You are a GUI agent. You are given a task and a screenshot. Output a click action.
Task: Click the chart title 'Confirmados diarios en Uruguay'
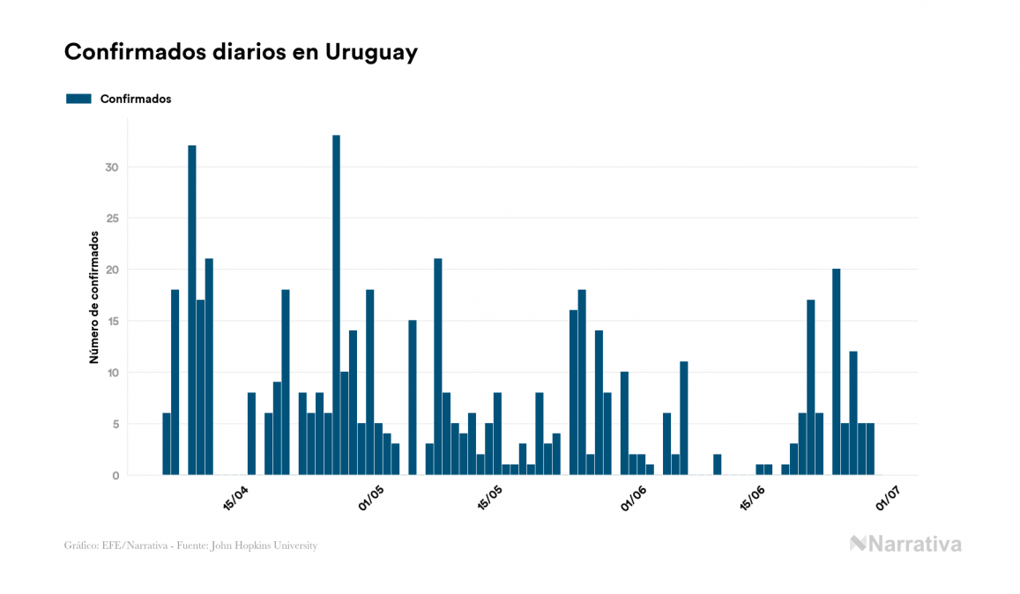[x=241, y=52]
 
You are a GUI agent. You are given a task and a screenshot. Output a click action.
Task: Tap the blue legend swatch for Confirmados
[x=78, y=99]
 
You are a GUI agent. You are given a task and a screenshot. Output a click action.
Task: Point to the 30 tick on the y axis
[x=113, y=167]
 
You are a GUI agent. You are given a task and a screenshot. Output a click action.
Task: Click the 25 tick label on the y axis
[x=113, y=219]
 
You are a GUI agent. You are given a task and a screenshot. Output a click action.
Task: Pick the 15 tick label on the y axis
[x=113, y=322]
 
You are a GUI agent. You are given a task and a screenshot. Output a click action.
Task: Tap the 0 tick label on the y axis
[x=116, y=476]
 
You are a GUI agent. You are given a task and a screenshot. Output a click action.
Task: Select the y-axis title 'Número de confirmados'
[x=93, y=297]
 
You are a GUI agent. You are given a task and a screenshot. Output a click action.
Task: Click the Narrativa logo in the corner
[x=905, y=544]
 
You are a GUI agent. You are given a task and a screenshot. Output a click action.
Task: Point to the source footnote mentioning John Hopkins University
[x=190, y=546]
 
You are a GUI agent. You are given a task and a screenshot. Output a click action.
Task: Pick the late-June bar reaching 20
[x=836, y=371]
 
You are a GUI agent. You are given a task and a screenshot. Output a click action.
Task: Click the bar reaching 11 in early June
[x=683, y=418]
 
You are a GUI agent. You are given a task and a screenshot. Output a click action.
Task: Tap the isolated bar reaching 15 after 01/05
[x=412, y=397]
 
